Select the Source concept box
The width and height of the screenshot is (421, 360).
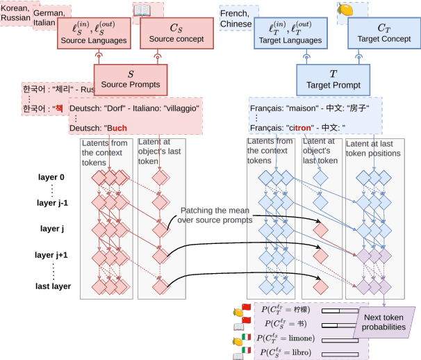[x=176, y=33]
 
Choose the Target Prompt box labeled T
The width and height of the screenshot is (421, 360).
[x=334, y=78]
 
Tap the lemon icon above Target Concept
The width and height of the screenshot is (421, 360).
[x=344, y=10]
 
